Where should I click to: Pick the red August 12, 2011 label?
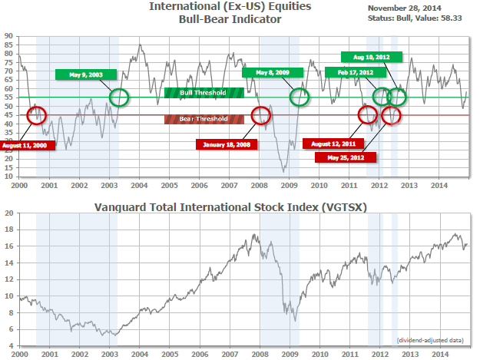pyautogui.click(x=333, y=143)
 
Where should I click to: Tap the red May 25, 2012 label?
pyautogui.click(x=346, y=157)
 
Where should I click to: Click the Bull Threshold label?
pyautogui.click(x=204, y=93)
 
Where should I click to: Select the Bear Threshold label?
pyautogui.click(x=204, y=119)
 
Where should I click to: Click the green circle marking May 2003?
pyautogui.click(x=119, y=97)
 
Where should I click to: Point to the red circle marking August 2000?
pyautogui.click(x=36, y=115)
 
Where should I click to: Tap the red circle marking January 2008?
pyautogui.click(x=261, y=115)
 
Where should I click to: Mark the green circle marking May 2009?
pyautogui.click(x=300, y=97)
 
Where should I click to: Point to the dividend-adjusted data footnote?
pyautogui.click(x=430, y=339)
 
